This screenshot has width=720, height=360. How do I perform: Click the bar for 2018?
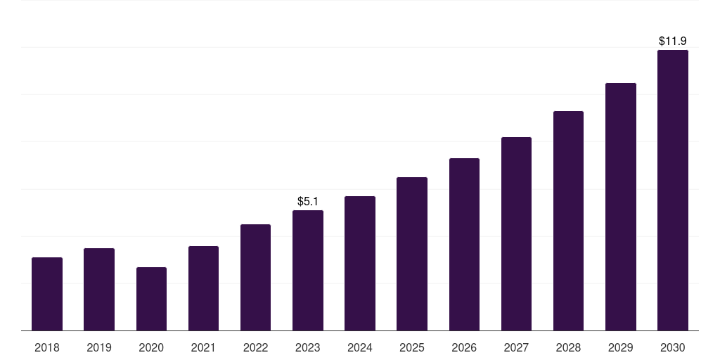pos(47,294)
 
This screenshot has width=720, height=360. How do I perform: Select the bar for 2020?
pos(152,299)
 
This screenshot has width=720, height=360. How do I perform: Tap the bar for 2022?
pos(255,277)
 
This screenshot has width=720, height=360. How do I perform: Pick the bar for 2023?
pos(308,271)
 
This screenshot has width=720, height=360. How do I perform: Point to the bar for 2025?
pos(412,254)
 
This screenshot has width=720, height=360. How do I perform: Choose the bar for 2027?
pos(516,233)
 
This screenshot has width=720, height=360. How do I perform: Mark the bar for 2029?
pos(620,207)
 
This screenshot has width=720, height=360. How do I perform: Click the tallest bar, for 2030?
pos(673,190)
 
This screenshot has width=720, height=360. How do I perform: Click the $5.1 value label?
pos(308,201)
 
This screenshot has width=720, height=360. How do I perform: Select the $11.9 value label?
pos(673,41)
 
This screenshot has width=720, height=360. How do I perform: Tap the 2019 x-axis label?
pos(99,347)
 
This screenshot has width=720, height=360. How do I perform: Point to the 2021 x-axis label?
pos(203,347)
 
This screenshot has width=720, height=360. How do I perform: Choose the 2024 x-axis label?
pos(360,347)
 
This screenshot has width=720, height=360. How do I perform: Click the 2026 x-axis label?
pos(464,347)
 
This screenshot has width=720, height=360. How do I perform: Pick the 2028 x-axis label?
pos(568,347)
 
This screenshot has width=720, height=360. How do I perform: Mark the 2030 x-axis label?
pos(673,347)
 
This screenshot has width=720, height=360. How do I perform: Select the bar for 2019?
pos(99,289)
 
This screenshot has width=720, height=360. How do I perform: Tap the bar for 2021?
pos(203,288)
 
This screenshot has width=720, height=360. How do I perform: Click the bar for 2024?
pos(360,264)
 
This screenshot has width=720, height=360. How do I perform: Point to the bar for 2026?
pos(464,244)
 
